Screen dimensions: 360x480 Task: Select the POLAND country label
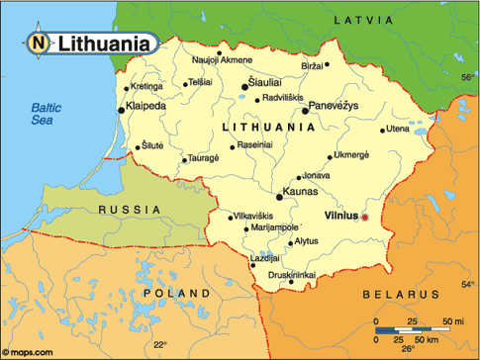(176, 294)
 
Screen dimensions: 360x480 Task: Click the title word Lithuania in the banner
(105, 44)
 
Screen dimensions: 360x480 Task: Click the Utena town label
(398, 129)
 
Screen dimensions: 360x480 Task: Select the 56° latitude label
(467, 76)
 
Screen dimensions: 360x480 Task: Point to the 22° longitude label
(159, 344)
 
